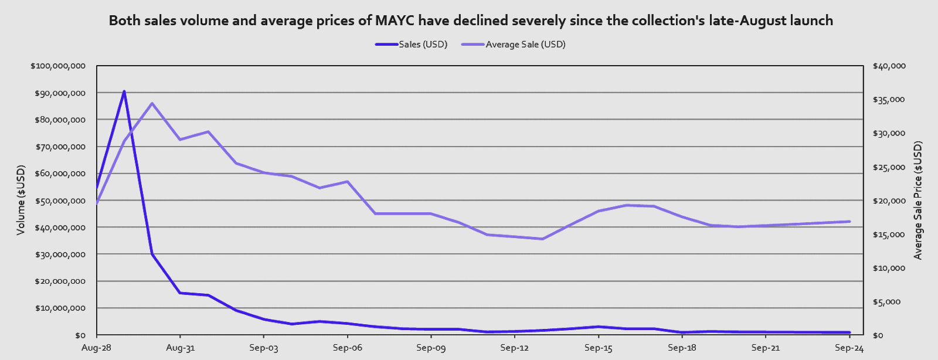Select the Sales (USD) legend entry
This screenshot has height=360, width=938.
click(423, 45)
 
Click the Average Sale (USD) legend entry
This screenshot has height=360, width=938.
click(525, 45)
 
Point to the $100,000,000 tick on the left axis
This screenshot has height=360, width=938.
click(58, 66)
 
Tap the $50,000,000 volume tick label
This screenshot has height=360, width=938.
click(60, 201)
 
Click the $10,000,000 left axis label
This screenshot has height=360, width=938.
click(60, 308)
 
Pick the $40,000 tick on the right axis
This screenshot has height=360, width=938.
click(889, 66)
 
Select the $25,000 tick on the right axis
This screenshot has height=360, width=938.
click(889, 168)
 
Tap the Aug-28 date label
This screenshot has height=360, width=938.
click(96, 348)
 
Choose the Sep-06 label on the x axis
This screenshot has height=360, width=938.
click(348, 348)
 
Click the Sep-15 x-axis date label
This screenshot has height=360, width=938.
click(599, 348)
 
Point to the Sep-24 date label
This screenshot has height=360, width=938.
click(849, 348)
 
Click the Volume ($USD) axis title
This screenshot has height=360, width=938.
click(21, 200)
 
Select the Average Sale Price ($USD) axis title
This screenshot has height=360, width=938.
click(918, 200)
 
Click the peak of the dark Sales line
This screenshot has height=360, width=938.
click(124, 91)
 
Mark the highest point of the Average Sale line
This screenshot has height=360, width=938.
click(152, 104)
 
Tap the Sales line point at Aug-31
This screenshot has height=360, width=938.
click(180, 293)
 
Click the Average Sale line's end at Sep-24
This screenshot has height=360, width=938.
click(849, 222)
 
